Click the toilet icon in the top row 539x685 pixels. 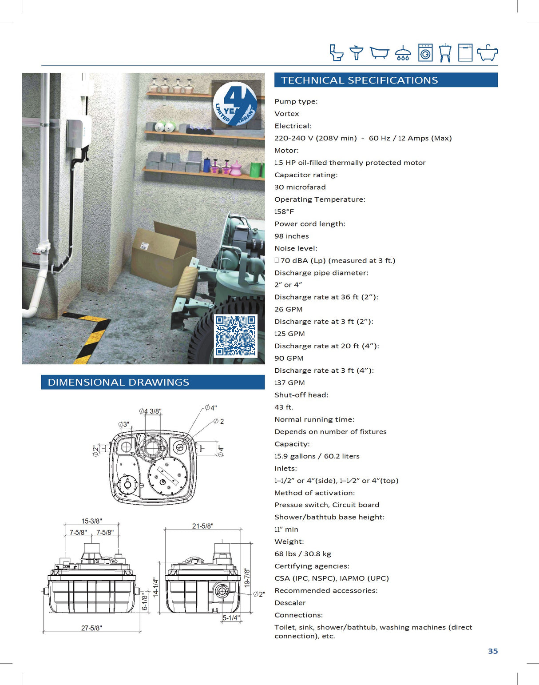336,52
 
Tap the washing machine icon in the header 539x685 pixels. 425,52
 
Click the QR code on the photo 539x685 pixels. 235,335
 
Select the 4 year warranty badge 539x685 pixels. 235,104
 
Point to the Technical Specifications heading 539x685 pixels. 359,80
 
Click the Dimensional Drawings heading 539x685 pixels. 118,382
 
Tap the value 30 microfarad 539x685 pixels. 300,187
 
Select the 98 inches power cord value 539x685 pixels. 291,236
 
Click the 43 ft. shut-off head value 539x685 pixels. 284,407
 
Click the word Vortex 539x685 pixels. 286,114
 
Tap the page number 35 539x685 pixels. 493,651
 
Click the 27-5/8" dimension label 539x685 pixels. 91,628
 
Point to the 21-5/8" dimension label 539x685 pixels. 202,526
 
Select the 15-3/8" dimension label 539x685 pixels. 91,521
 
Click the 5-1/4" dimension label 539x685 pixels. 231,617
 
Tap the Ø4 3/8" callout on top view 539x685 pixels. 150,411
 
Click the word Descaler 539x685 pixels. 290,603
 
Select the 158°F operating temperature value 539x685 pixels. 284,211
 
